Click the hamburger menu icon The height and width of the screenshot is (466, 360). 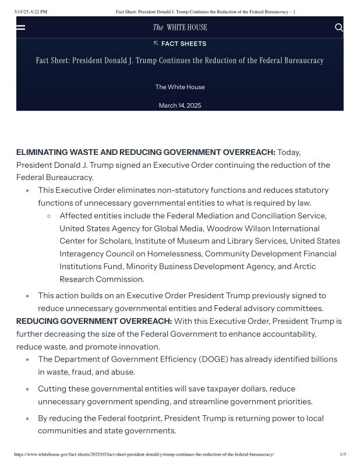point(21,27)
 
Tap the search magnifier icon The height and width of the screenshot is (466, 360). point(339,27)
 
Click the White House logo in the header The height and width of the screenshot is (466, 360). point(180,27)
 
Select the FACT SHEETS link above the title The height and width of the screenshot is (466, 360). point(180,44)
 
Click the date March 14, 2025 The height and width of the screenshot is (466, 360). point(180,105)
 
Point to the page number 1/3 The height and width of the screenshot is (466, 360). point(343,454)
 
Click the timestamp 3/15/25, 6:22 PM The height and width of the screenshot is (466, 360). point(31,12)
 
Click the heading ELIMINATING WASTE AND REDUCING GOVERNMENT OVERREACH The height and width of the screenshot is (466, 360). point(146,152)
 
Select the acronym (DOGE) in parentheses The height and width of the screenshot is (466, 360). point(216,359)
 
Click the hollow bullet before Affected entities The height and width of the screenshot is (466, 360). point(49,216)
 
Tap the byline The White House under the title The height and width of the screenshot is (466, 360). point(180,87)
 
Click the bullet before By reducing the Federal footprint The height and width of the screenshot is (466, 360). point(27,419)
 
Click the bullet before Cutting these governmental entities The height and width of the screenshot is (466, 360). point(27,389)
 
